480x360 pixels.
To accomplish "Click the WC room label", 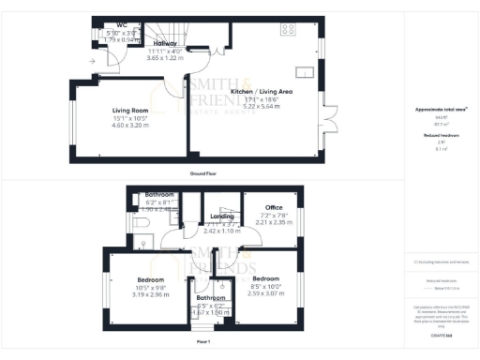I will click(x=122, y=25).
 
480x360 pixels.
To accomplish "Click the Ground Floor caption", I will click(x=203, y=174).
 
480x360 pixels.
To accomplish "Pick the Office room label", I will click(x=274, y=207).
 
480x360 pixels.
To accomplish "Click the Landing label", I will click(x=221, y=217).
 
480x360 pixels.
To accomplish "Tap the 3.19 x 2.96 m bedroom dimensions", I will click(x=150, y=294).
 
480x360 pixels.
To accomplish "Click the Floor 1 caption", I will click(x=203, y=340).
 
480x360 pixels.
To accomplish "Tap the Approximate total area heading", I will click(x=441, y=110).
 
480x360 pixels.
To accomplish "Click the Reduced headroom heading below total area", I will click(x=441, y=135).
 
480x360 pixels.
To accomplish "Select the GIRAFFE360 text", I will click(x=441, y=334).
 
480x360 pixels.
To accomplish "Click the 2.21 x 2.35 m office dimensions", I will click(x=274, y=222).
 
